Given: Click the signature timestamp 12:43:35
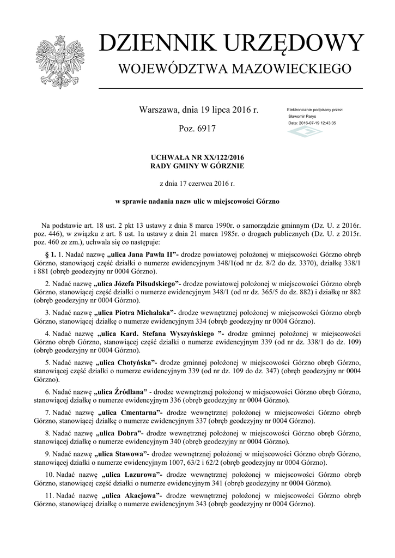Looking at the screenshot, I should (325, 123).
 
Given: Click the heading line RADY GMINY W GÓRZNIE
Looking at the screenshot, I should (197, 165).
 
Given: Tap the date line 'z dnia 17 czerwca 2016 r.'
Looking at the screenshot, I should (197, 184).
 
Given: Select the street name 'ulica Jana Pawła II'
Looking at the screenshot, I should (144, 254).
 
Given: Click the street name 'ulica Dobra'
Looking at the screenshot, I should (118, 432).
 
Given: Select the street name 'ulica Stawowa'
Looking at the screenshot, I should (121, 453).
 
